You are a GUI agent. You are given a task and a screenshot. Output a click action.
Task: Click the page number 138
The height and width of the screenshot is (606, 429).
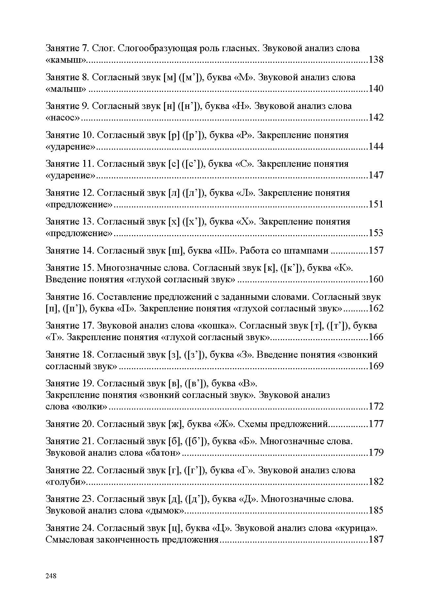click(376, 60)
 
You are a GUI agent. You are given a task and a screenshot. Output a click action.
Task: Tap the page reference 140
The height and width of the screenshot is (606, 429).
click(376, 89)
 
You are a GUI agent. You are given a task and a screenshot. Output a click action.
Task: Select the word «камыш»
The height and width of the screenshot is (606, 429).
click(66, 60)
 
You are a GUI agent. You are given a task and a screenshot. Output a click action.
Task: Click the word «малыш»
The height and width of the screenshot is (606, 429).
click(66, 89)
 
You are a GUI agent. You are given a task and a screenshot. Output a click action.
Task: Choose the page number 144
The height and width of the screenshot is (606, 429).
click(376, 146)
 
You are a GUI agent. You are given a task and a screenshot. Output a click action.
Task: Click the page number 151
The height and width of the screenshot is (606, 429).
click(376, 204)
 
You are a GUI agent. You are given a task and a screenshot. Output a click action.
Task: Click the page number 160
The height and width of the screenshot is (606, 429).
click(376, 279)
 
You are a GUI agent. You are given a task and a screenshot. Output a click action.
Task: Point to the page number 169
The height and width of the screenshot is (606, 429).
click(376, 366)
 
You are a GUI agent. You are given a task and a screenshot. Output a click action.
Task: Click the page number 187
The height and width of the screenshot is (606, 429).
click(376, 539)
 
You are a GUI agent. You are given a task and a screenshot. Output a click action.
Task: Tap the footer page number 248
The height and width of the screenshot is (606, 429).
click(51, 576)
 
